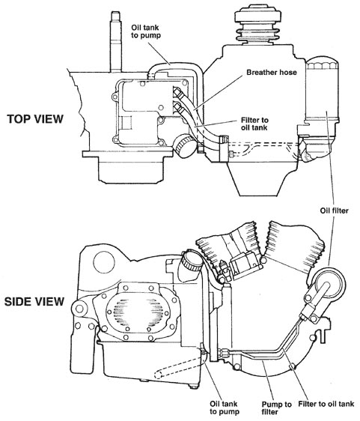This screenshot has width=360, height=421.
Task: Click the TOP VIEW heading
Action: pyautogui.click(x=35, y=119)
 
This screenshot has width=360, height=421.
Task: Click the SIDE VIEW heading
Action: pyautogui.click(x=34, y=302)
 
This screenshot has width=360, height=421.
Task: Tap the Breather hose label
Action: pyautogui.click(x=272, y=72)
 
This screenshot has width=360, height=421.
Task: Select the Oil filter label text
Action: pyautogui.click(x=334, y=210)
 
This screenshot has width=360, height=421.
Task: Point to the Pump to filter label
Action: pyautogui.click(x=276, y=408)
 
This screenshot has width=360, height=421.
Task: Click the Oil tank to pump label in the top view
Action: pyautogui.click(x=146, y=31)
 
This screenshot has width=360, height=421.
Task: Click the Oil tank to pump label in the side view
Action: pyautogui.click(x=224, y=408)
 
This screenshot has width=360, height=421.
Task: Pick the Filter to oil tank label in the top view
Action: pyautogui.click(x=254, y=124)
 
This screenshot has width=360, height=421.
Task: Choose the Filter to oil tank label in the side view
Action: pyautogui.click(x=326, y=404)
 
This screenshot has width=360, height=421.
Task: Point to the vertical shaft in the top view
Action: pyautogui.click(x=117, y=42)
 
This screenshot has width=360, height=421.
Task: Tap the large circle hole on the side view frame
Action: pyautogui.click(x=104, y=261)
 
